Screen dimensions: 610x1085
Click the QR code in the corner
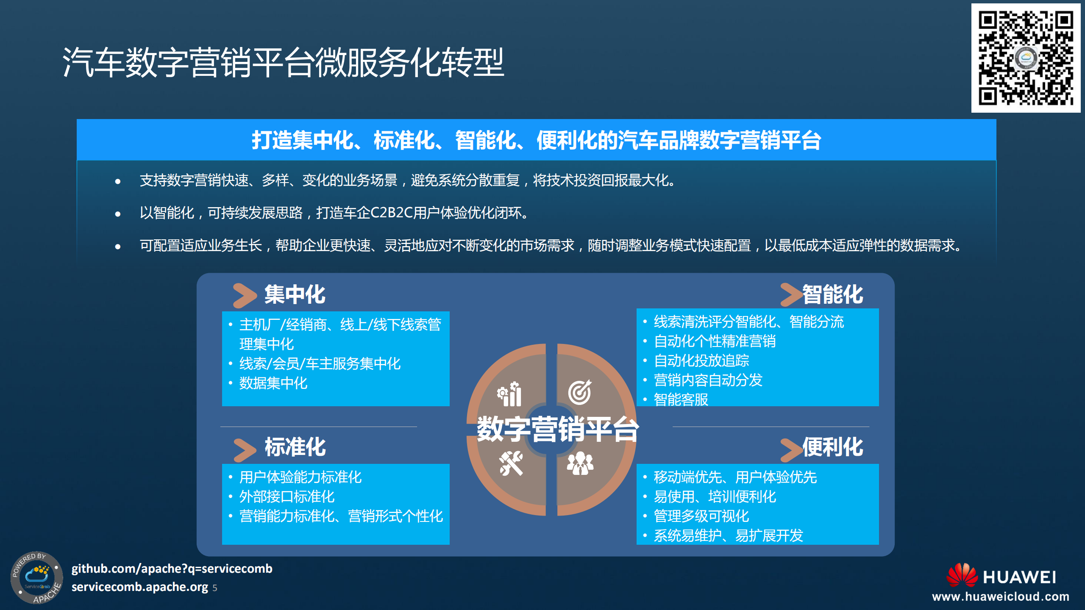click(x=1026, y=58)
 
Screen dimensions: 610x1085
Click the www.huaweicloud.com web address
click(x=1001, y=596)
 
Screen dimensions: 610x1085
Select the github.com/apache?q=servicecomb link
click(x=172, y=568)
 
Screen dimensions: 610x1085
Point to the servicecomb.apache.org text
click(x=139, y=587)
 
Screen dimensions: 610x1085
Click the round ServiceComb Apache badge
click(x=36, y=577)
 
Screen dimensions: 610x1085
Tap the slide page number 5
click(x=215, y=588)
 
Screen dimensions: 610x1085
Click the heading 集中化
click(x=295, y=294)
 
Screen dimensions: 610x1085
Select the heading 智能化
click(x=832, y=294)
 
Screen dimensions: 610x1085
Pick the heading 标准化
click(x=295, y=447)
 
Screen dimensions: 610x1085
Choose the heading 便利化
click(x=832, y=447)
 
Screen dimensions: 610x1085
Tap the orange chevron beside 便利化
click(x=791, y=449)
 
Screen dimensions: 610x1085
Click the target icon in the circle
click(x=579, y=392)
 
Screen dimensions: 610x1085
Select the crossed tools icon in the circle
click(x=511, y=463)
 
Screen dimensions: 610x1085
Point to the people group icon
click(x=580, y=463)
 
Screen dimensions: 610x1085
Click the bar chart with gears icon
click(x=510, y=394)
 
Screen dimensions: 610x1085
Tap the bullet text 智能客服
click(x=681, y=399)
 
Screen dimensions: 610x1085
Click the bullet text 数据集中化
click(x=273, y=383)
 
